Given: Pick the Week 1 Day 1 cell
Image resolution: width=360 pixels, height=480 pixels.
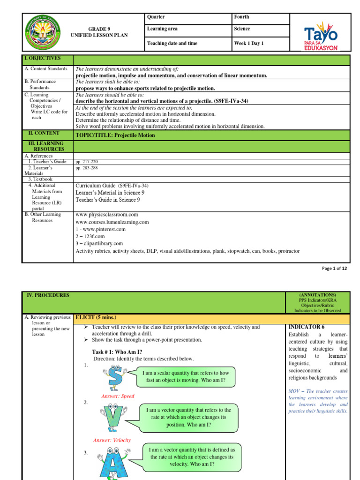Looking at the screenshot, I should (249, 44).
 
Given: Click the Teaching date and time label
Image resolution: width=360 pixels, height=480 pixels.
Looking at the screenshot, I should (172, 44).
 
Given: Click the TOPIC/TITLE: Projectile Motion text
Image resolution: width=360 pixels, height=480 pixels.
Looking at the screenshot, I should (115, 135).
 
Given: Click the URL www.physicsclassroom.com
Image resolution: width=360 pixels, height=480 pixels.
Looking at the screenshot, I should (107, 215).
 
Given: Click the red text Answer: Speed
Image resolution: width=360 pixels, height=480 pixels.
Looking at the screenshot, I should (118, 396).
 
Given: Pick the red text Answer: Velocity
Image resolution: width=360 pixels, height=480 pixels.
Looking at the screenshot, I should (112, 440).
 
